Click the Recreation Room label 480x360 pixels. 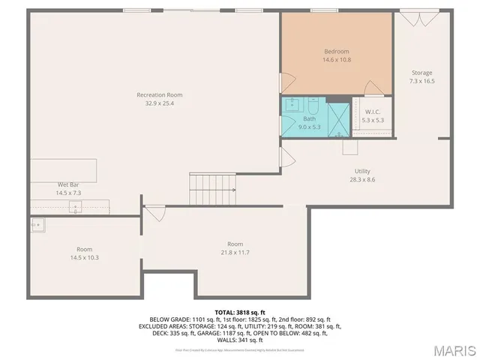pos(159,95)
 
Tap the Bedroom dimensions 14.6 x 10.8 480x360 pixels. pos(337,59)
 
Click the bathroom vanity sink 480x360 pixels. pos(293,106)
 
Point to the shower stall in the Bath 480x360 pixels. pos(339,119)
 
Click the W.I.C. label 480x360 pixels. pos(372,112)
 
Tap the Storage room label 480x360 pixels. pos(421,73)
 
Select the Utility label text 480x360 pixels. pos(362,171)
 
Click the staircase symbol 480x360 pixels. pos(212,188)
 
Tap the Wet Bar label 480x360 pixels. pos(69,184)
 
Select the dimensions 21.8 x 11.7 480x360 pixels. pos(235,253)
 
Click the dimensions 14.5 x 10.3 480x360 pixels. pos(84,257)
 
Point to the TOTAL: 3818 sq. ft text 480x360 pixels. pos(239,311)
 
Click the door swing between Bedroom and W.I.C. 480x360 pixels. pos(373,89)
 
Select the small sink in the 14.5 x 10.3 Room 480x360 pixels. pos(35,223)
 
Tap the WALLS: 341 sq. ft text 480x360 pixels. pos(239,340)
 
